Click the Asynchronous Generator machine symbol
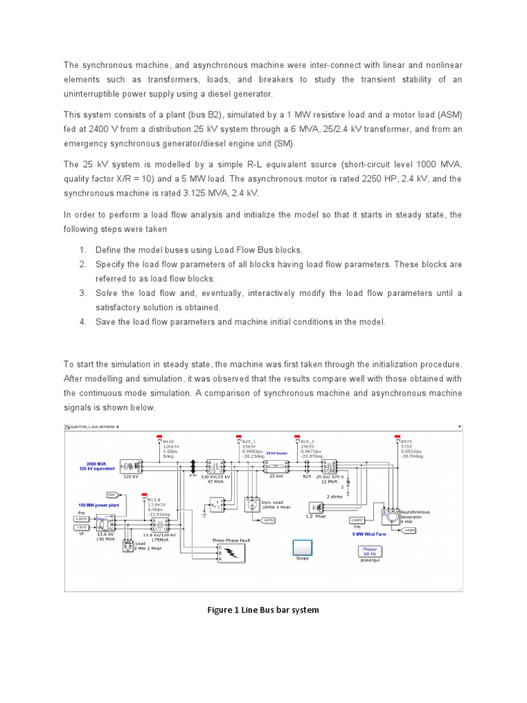point(390,514)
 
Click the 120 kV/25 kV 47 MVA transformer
point(217,466)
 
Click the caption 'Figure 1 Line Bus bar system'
point(263,610)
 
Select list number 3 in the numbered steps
point(82,293)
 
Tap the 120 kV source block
point(130,467)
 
